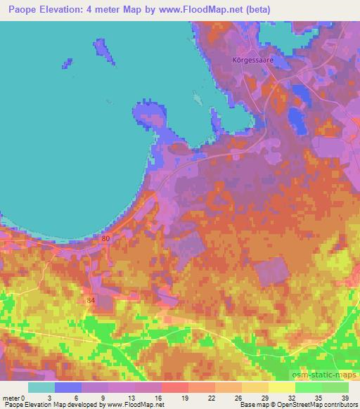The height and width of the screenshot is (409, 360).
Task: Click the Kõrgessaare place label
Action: coord(252,60)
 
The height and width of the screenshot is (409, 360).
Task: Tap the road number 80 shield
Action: coord(105,239)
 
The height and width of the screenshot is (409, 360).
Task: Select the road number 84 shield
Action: coord(91,301)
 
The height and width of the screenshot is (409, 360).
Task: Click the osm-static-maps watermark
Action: coord(323,372)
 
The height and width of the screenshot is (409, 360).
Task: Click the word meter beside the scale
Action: coord(11,398)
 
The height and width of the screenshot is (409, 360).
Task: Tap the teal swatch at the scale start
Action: coord(41,387)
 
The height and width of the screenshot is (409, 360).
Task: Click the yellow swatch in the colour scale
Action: coord(281,387)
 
